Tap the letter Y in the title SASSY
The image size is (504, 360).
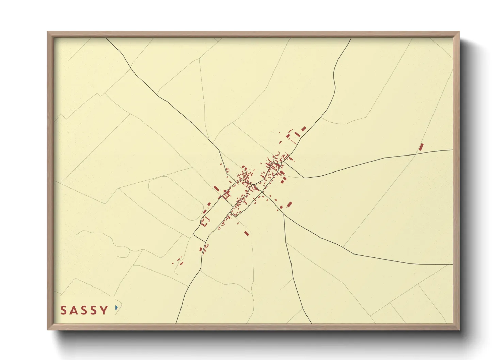(x=104, y=310)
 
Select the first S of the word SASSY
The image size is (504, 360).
(x=64, y=310)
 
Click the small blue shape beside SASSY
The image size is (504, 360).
(x=116, y=308)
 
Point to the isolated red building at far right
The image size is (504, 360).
(x=421, y=147)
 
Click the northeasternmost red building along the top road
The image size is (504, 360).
(x=304, y=129)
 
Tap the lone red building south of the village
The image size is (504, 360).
(x=247, y=233)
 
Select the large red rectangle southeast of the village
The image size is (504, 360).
(x=289, y=204)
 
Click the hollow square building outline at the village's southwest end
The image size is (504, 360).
(x=205, y=222)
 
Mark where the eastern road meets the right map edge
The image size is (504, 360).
(x=452, y=150)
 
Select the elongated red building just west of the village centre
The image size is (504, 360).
(x=216, y=188)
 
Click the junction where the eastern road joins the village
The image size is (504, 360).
(x=283, y=163)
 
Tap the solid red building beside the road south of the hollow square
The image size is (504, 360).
(x=201, y=249)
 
